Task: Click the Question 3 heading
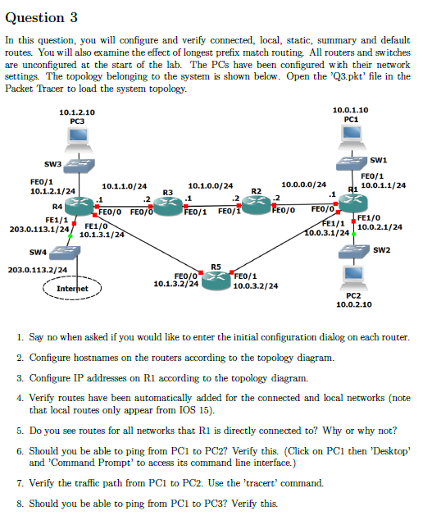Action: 43,16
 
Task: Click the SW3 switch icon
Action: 79,169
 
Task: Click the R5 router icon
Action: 216,276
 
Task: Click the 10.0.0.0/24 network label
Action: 304,185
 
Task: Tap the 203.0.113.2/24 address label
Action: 37,269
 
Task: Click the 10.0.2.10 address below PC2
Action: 353,304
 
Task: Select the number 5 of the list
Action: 19,429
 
